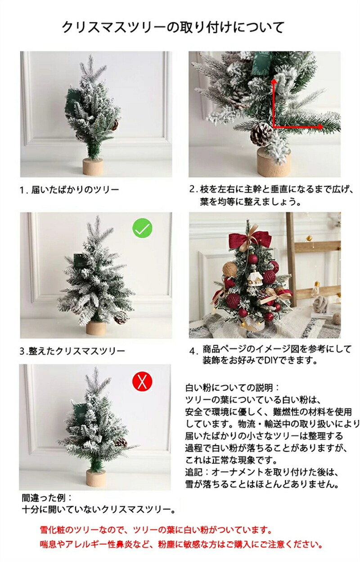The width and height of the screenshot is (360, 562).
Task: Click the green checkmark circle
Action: [x=142, y=228]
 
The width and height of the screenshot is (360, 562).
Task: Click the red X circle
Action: [x=142, y=381]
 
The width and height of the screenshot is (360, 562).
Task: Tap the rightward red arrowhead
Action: [x=320, y=127]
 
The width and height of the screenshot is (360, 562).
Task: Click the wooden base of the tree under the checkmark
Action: [x=96, y=328]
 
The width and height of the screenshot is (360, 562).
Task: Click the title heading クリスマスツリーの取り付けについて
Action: [x=173, y=27]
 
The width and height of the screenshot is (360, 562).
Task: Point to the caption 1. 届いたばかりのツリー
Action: [x=69, y=190]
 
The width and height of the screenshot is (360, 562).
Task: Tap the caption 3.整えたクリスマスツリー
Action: [x=72, y=351]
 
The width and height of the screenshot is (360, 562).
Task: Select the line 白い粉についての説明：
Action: [x=232, y=388]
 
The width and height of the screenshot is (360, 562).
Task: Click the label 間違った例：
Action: [x=47, y=497]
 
